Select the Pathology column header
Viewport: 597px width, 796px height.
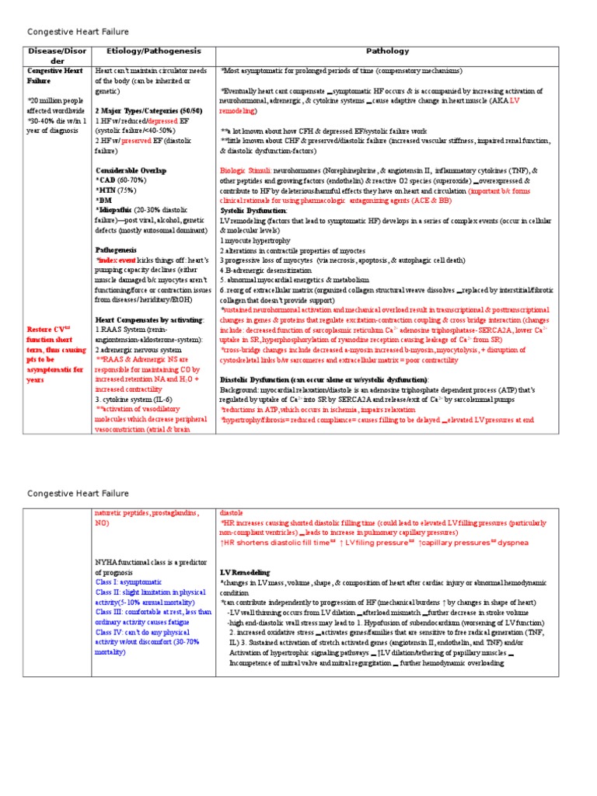click(x=387, y=51)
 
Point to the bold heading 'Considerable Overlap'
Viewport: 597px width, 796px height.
click(x=131, y=170)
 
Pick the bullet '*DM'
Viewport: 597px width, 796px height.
click(x=104, y=200)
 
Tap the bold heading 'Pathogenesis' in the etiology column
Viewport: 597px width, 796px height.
click(x=116, y=250)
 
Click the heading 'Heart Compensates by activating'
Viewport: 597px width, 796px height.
click(x=149, y=319)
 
